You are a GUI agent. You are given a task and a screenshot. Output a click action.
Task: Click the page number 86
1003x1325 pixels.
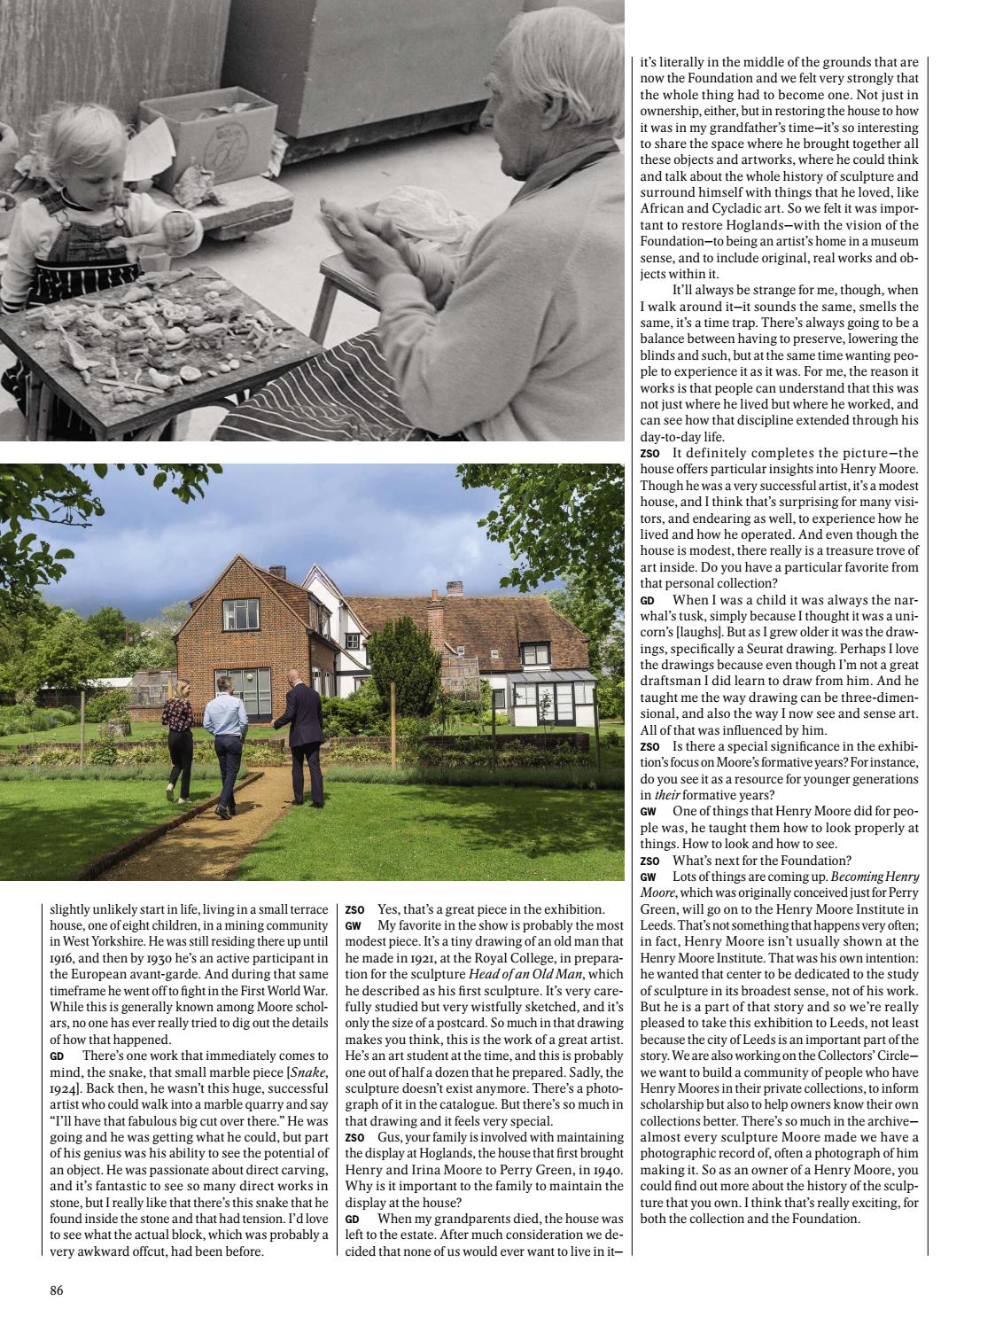click(x=56, y=1290)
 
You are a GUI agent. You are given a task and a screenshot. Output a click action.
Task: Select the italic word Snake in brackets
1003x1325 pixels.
click(x=310, y=1072)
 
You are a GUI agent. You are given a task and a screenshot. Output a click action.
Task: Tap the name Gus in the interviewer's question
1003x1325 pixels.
click(x=387, y=1137)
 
